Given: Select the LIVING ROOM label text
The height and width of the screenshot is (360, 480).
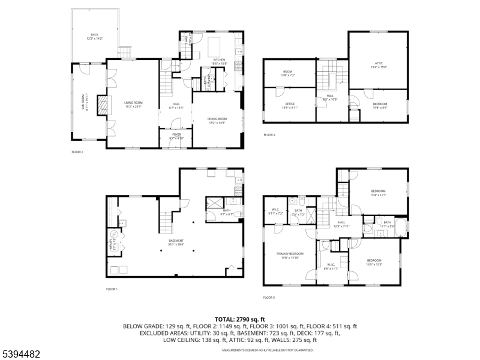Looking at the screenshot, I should [x=133, y=104].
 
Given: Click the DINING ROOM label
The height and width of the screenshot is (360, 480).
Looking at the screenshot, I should [x=217, y=120].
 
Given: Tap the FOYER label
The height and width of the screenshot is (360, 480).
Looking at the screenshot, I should [x=176, y=136].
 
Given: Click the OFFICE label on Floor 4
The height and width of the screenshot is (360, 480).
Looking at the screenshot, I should [x=289, y=105].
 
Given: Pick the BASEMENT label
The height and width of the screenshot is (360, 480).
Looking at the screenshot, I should [x=176, y=243].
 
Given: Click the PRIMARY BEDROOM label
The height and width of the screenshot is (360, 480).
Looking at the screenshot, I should [x=290, y=255].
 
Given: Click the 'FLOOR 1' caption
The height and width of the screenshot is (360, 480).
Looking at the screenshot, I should [x=112, y=289].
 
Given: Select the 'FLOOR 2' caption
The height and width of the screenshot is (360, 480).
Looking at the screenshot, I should [x=77, y=152].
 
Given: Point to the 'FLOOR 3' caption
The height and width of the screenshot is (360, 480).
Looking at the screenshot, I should [x=269, y=297].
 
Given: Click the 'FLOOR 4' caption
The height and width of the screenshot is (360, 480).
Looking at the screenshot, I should [x=269, y=135].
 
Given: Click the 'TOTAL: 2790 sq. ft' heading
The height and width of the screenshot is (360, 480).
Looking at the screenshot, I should [x=240, y=319].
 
